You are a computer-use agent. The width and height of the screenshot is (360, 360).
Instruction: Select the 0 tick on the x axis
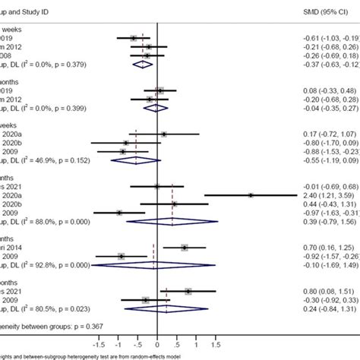point(157,343)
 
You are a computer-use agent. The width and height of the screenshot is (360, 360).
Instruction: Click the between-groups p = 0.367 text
point(46,326)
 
